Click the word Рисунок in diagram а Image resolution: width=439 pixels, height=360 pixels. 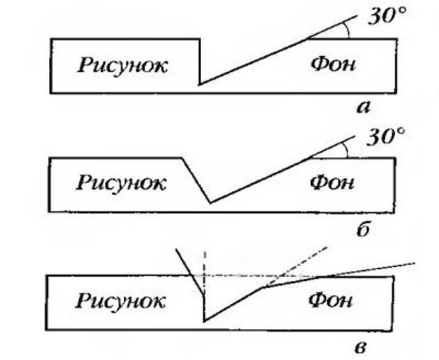coord(122,66)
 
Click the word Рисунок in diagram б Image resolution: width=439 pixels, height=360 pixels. coord(121,183)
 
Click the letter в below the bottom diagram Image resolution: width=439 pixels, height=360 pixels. coord(363,347)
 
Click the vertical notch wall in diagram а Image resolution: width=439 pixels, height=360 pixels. coord(200,62)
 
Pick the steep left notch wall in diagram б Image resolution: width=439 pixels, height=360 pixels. coord(196,180)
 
